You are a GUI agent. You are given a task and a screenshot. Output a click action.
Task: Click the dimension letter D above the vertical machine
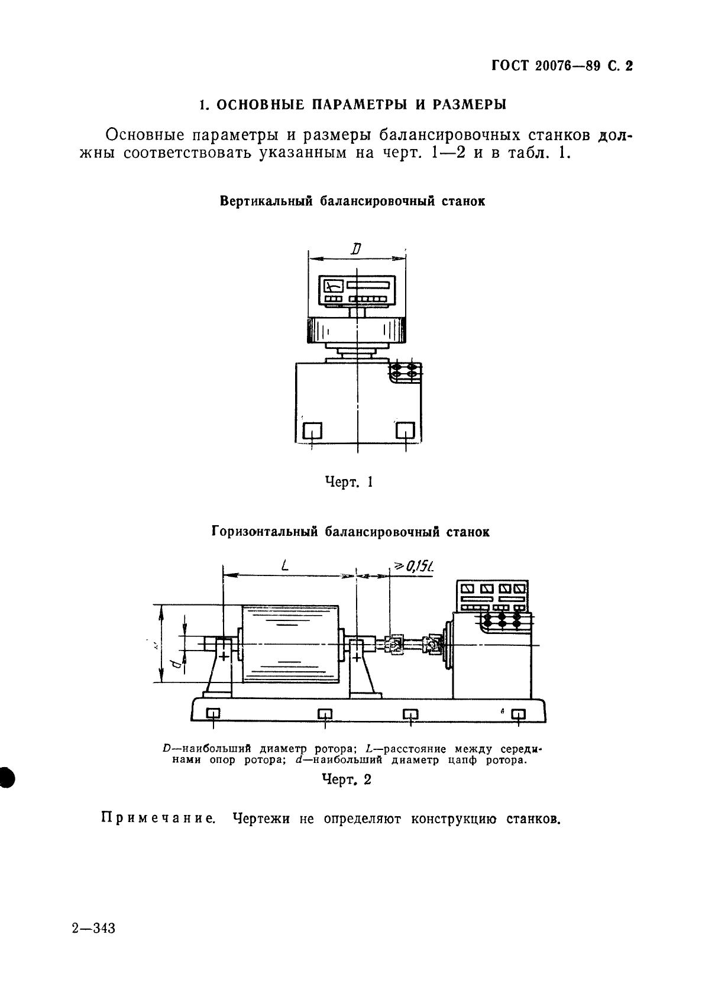(x=355, y=250)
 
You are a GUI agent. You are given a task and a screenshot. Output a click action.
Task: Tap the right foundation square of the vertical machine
(x=405, y=430)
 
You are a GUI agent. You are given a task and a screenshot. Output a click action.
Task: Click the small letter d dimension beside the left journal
(x=176, y=664)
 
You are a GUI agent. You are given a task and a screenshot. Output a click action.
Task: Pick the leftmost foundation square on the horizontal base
(x=213, y=714)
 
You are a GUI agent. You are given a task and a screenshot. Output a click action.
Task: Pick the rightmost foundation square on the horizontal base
(x=518, y=714)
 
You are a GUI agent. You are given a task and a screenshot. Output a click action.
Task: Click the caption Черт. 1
(x=349, y=482)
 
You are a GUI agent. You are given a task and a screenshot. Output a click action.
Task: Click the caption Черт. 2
(x=347, y=779)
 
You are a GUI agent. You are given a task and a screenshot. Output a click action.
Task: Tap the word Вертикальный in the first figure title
(x=265, y=200)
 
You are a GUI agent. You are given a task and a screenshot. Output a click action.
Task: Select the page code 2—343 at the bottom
(x=93, y=927)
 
